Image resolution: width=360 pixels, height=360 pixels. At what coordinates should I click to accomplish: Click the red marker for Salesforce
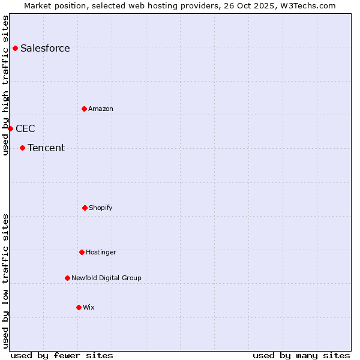[x=15, y=48]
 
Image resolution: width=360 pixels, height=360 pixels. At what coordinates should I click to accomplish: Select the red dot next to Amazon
[x=84, y=109]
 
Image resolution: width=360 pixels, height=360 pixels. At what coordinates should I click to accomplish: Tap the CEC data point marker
[x=10, y=128]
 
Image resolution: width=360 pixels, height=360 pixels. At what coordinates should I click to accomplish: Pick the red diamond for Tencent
[x=22, y=148]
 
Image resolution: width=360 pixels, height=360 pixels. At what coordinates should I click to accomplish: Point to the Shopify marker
[x=85, y=208]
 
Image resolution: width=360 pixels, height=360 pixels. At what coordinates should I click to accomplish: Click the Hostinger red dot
[x=82, y=252]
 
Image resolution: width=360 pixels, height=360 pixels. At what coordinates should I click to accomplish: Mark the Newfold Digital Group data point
[x=67, y=278]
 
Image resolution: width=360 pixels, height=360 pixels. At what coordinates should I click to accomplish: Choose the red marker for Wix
[x=79, y=307]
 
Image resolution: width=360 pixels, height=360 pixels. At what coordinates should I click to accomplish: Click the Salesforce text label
[x=45, y=48]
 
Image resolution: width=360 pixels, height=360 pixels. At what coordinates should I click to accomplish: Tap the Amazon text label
[x=101, y=109]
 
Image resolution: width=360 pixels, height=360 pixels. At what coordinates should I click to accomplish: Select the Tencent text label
[x=46, y=148]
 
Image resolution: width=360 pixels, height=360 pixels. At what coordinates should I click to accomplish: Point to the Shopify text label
[x=101, y=208]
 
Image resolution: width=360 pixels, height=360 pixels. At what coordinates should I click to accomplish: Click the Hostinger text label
[x=101, y=252]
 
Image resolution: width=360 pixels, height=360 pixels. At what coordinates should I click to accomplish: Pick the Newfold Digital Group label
[x=106, y=278]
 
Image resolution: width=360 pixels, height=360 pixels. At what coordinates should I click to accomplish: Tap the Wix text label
[x=89, y=307]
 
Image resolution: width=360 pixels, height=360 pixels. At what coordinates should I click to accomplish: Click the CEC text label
[x=25, y=128]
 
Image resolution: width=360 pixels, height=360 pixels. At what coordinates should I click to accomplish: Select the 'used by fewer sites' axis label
[x=61, y=355]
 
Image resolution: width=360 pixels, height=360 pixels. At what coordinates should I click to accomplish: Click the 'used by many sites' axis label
[x=301, y=355]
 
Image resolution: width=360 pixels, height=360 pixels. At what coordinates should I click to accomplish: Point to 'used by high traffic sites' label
[x=5, y=85]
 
